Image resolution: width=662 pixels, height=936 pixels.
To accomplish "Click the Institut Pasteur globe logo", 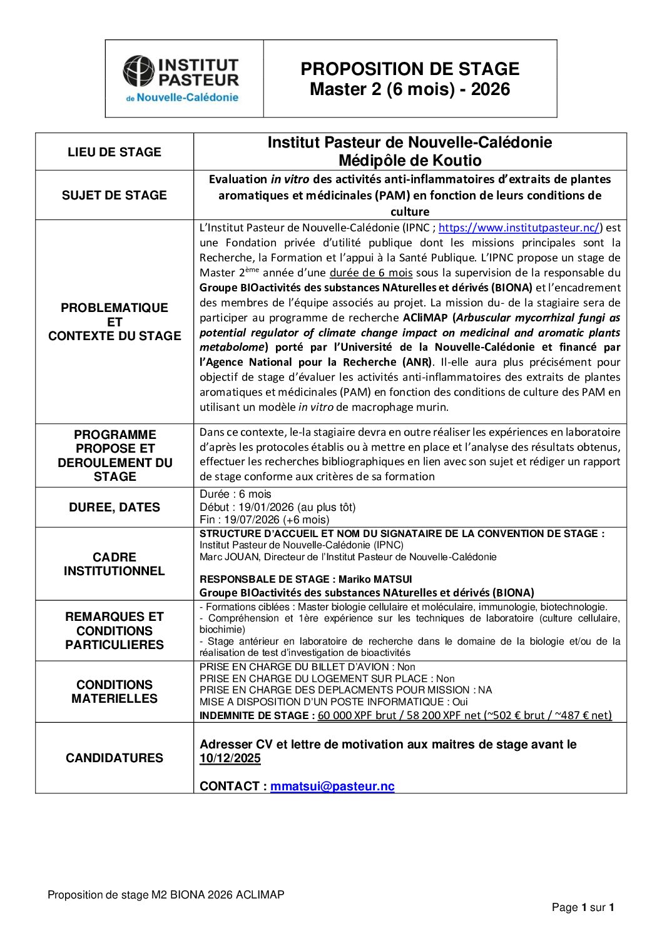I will point(138,71).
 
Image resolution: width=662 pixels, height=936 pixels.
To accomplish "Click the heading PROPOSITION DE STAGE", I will point(410,69).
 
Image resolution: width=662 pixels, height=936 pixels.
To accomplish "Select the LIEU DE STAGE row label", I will point(114,152).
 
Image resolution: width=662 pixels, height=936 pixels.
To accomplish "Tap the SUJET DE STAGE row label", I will point(114,195).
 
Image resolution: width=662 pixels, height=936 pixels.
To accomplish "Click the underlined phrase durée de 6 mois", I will point(371,273).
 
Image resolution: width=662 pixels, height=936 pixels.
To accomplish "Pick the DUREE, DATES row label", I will point(114,507).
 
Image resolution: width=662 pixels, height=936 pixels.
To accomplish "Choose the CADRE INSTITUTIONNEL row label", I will point(114,564).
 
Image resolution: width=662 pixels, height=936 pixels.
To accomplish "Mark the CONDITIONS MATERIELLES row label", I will point(114,692).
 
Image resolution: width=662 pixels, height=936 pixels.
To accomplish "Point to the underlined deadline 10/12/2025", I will point(230,758).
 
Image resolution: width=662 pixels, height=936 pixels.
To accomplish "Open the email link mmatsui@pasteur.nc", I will point(332,787).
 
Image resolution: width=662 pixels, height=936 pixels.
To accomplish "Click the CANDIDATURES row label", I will point(114,758).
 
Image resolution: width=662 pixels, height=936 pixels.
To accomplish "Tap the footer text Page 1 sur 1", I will point(583,907).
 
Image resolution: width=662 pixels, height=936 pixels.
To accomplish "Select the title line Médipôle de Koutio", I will point(410,161).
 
